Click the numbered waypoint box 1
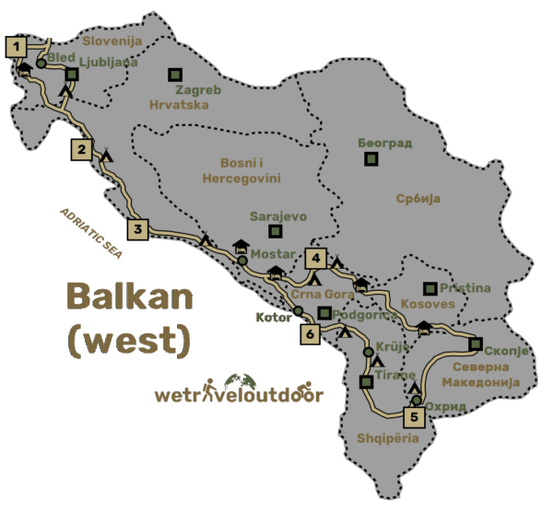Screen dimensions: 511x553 coord(16,46)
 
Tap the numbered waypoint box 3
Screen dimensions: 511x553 coord(137,229)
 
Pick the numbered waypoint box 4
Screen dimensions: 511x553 coord(317,259)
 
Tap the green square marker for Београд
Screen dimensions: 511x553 coord(371,159)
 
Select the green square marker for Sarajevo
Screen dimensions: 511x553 coord(273,231)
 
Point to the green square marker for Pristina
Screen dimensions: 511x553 coord(428,288)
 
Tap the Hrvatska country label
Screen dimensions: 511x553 coord(179,105)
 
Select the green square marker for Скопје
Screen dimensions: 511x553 coord(475,344)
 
